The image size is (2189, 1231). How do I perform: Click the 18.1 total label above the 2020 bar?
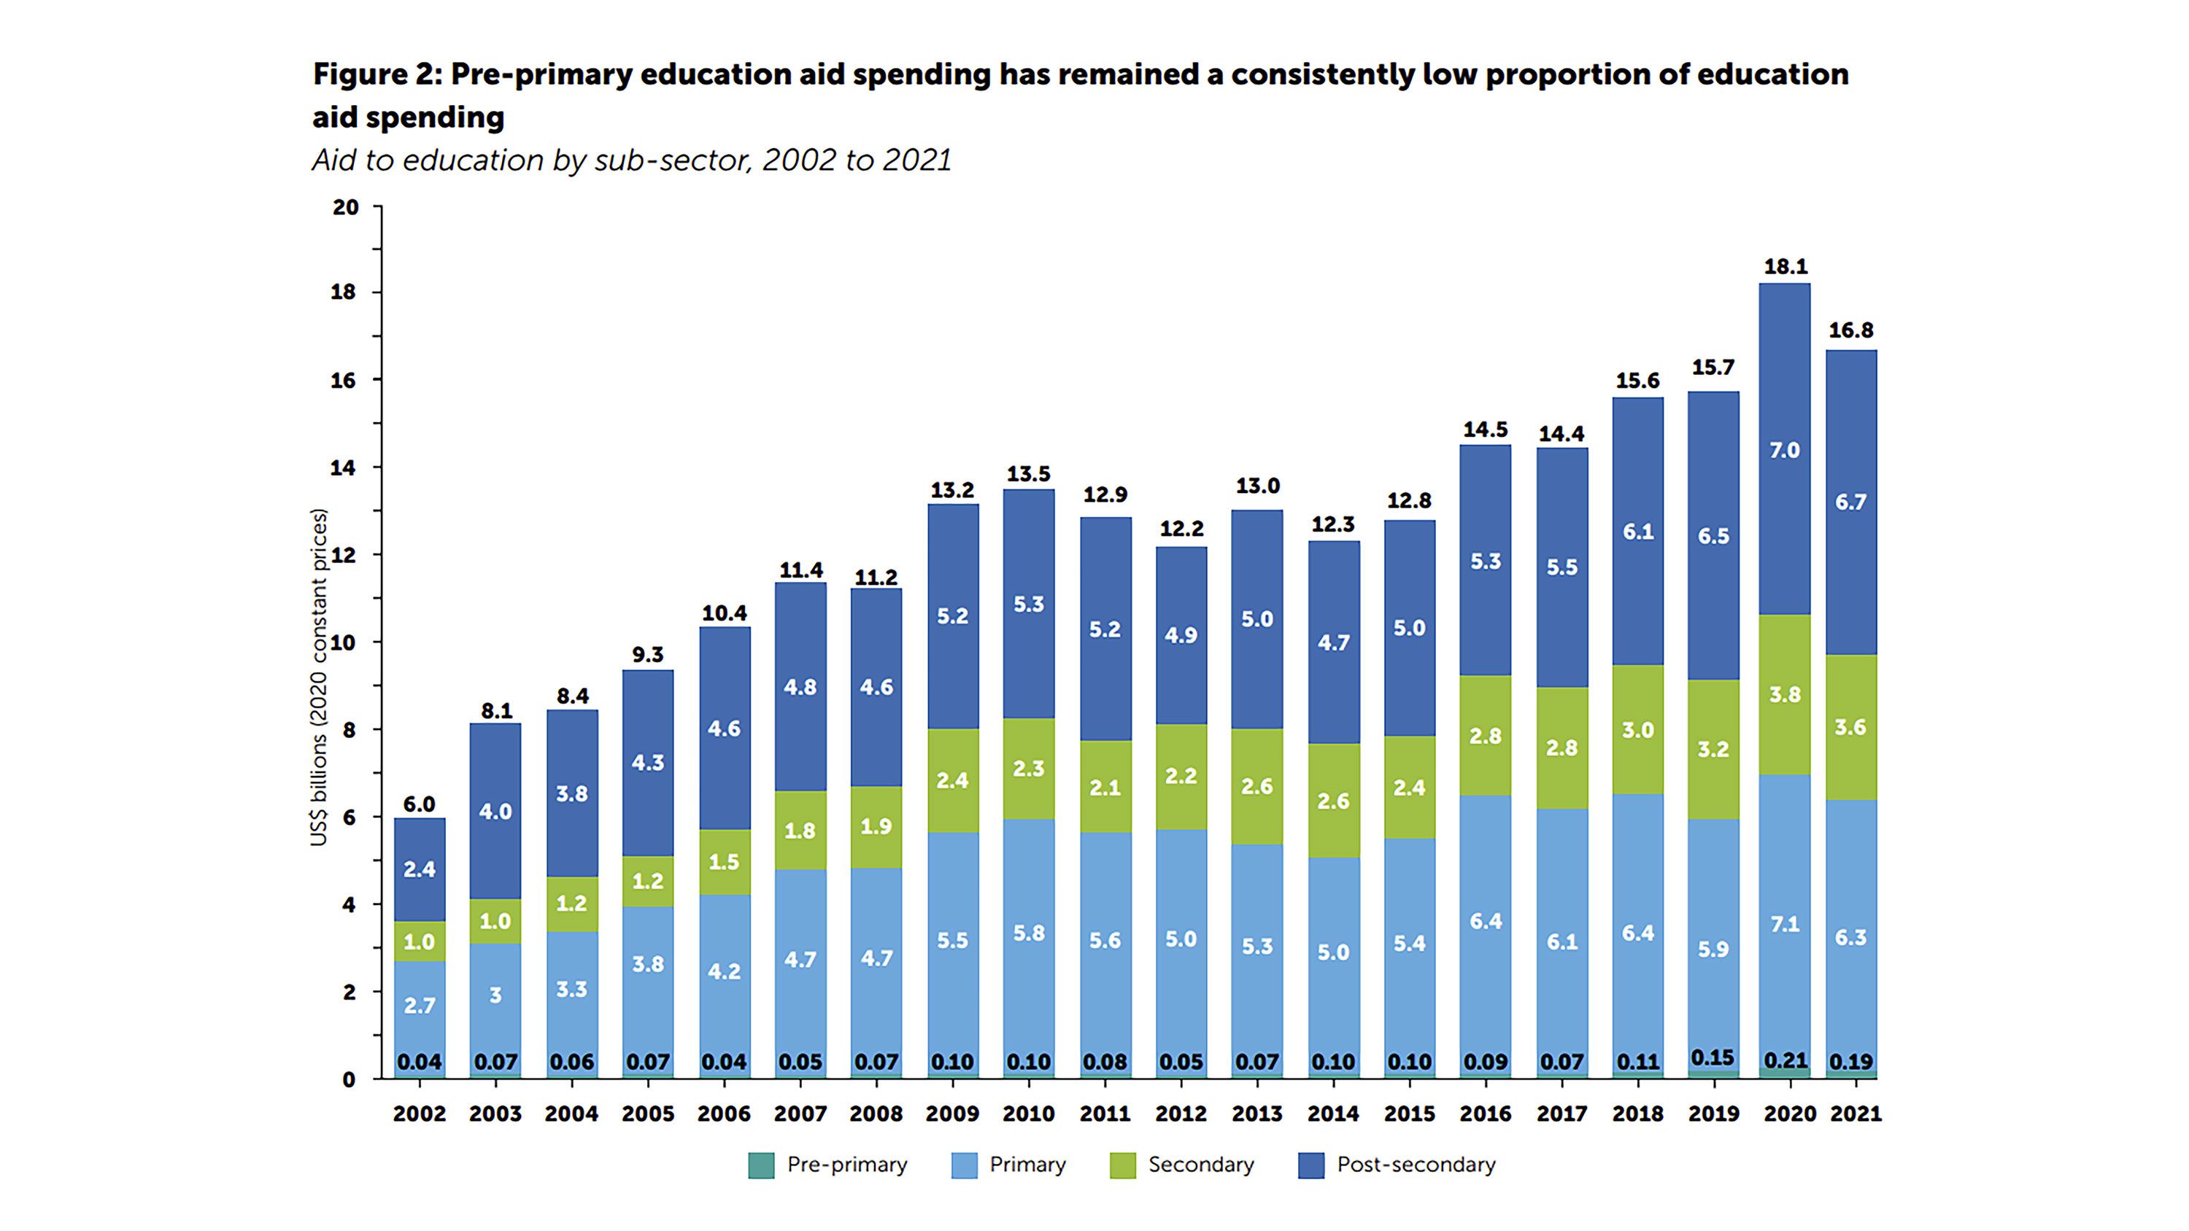(x=1785, y=267)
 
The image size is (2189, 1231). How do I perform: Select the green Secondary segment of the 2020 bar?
(x=1785, y=694)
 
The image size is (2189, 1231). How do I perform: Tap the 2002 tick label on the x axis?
(x=419, y=1114)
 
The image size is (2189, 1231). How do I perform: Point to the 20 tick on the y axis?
(x=346, y=207)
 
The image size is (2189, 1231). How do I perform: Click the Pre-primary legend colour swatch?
(x=760, y=1165)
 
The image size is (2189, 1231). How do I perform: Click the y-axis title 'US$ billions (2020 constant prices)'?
(x=319, y=677)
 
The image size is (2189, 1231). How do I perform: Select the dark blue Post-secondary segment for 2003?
(x=495, y=812)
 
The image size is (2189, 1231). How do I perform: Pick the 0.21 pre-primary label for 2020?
(x=1785, y=1061)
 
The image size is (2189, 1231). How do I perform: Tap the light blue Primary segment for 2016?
(x=1486, y=922)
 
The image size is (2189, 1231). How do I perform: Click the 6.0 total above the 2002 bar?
(x=419, y=804)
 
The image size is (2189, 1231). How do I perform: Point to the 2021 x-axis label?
(x=1856, y=1114)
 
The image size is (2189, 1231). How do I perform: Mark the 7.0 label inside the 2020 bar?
(x=1785, y=450)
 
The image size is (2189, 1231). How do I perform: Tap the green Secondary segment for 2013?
(x=1256, y=787)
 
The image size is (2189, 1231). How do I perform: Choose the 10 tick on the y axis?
(x=343, y=642)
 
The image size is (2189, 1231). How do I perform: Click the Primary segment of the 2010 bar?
(x=1028, y=933)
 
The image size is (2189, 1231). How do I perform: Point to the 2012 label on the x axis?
(x=1181, y=1114)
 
